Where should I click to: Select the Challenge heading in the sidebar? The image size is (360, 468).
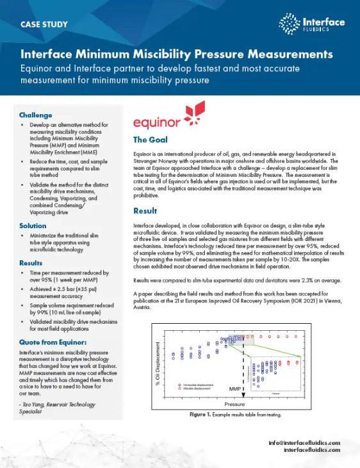[36, 115]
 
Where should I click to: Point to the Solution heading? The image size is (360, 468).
[33, 226]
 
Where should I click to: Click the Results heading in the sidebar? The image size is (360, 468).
[31, 263]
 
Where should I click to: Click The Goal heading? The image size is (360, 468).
[150, 140]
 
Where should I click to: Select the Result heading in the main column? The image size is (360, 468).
[145, 211]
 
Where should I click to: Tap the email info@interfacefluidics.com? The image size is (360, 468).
[304, 442]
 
